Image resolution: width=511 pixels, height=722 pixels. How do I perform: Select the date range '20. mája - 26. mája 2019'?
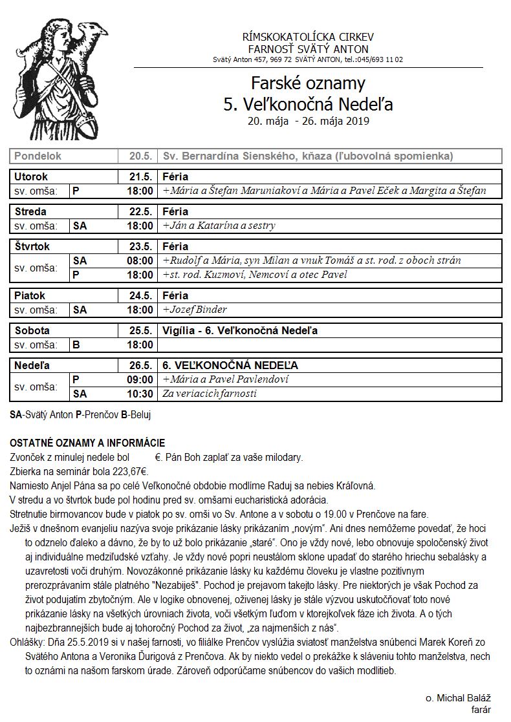click(x=308, y=120)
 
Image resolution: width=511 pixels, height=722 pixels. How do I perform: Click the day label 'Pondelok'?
click(x=38, y=156)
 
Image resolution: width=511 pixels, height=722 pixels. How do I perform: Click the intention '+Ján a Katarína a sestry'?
click(x=219, y=226)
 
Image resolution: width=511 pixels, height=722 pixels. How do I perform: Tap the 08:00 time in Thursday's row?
click(x=140, y=260)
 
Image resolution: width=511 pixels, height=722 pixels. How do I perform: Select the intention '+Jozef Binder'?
click(x=195, y=310)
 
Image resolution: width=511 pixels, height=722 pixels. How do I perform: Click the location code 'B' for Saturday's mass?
click(x=76, y=345)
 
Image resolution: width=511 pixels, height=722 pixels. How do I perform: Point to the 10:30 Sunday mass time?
click(x=140, y=394)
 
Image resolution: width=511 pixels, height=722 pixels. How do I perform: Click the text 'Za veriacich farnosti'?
click(x=210, y=394)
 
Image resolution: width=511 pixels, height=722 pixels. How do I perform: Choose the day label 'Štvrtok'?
click(x=32, y=246)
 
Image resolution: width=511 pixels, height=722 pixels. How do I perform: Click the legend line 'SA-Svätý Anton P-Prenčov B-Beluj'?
click(x=81, y=413)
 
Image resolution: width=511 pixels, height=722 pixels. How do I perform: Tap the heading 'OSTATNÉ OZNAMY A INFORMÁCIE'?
click(x=87, y=443)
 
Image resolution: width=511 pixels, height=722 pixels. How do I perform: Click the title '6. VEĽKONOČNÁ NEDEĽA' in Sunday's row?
click(x=230, y=366)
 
